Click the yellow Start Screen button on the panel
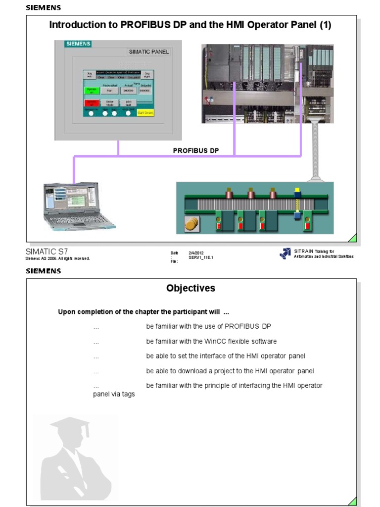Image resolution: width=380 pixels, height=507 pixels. [x=145, y=113]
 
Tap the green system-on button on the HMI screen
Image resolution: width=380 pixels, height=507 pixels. [x=91, y=91]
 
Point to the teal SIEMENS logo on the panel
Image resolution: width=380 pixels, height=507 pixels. [x=78, y=44]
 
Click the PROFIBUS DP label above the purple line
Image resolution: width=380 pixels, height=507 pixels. [x=196, y=150]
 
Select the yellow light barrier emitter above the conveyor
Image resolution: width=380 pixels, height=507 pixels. [x=297, y=191]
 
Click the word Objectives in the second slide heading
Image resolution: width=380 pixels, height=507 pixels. [x=190, y=288]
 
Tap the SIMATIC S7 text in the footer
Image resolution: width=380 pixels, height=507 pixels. [x=47, y=252]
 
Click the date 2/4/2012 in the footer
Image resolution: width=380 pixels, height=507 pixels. [x=196, y=253]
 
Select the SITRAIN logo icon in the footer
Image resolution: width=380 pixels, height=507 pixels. [x=285, y=253]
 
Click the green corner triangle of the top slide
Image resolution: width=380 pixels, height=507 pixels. [x=353, y=238]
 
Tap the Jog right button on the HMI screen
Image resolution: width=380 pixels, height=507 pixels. [x=146, y=75]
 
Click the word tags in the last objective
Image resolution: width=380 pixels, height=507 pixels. [x=128, y=394]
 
